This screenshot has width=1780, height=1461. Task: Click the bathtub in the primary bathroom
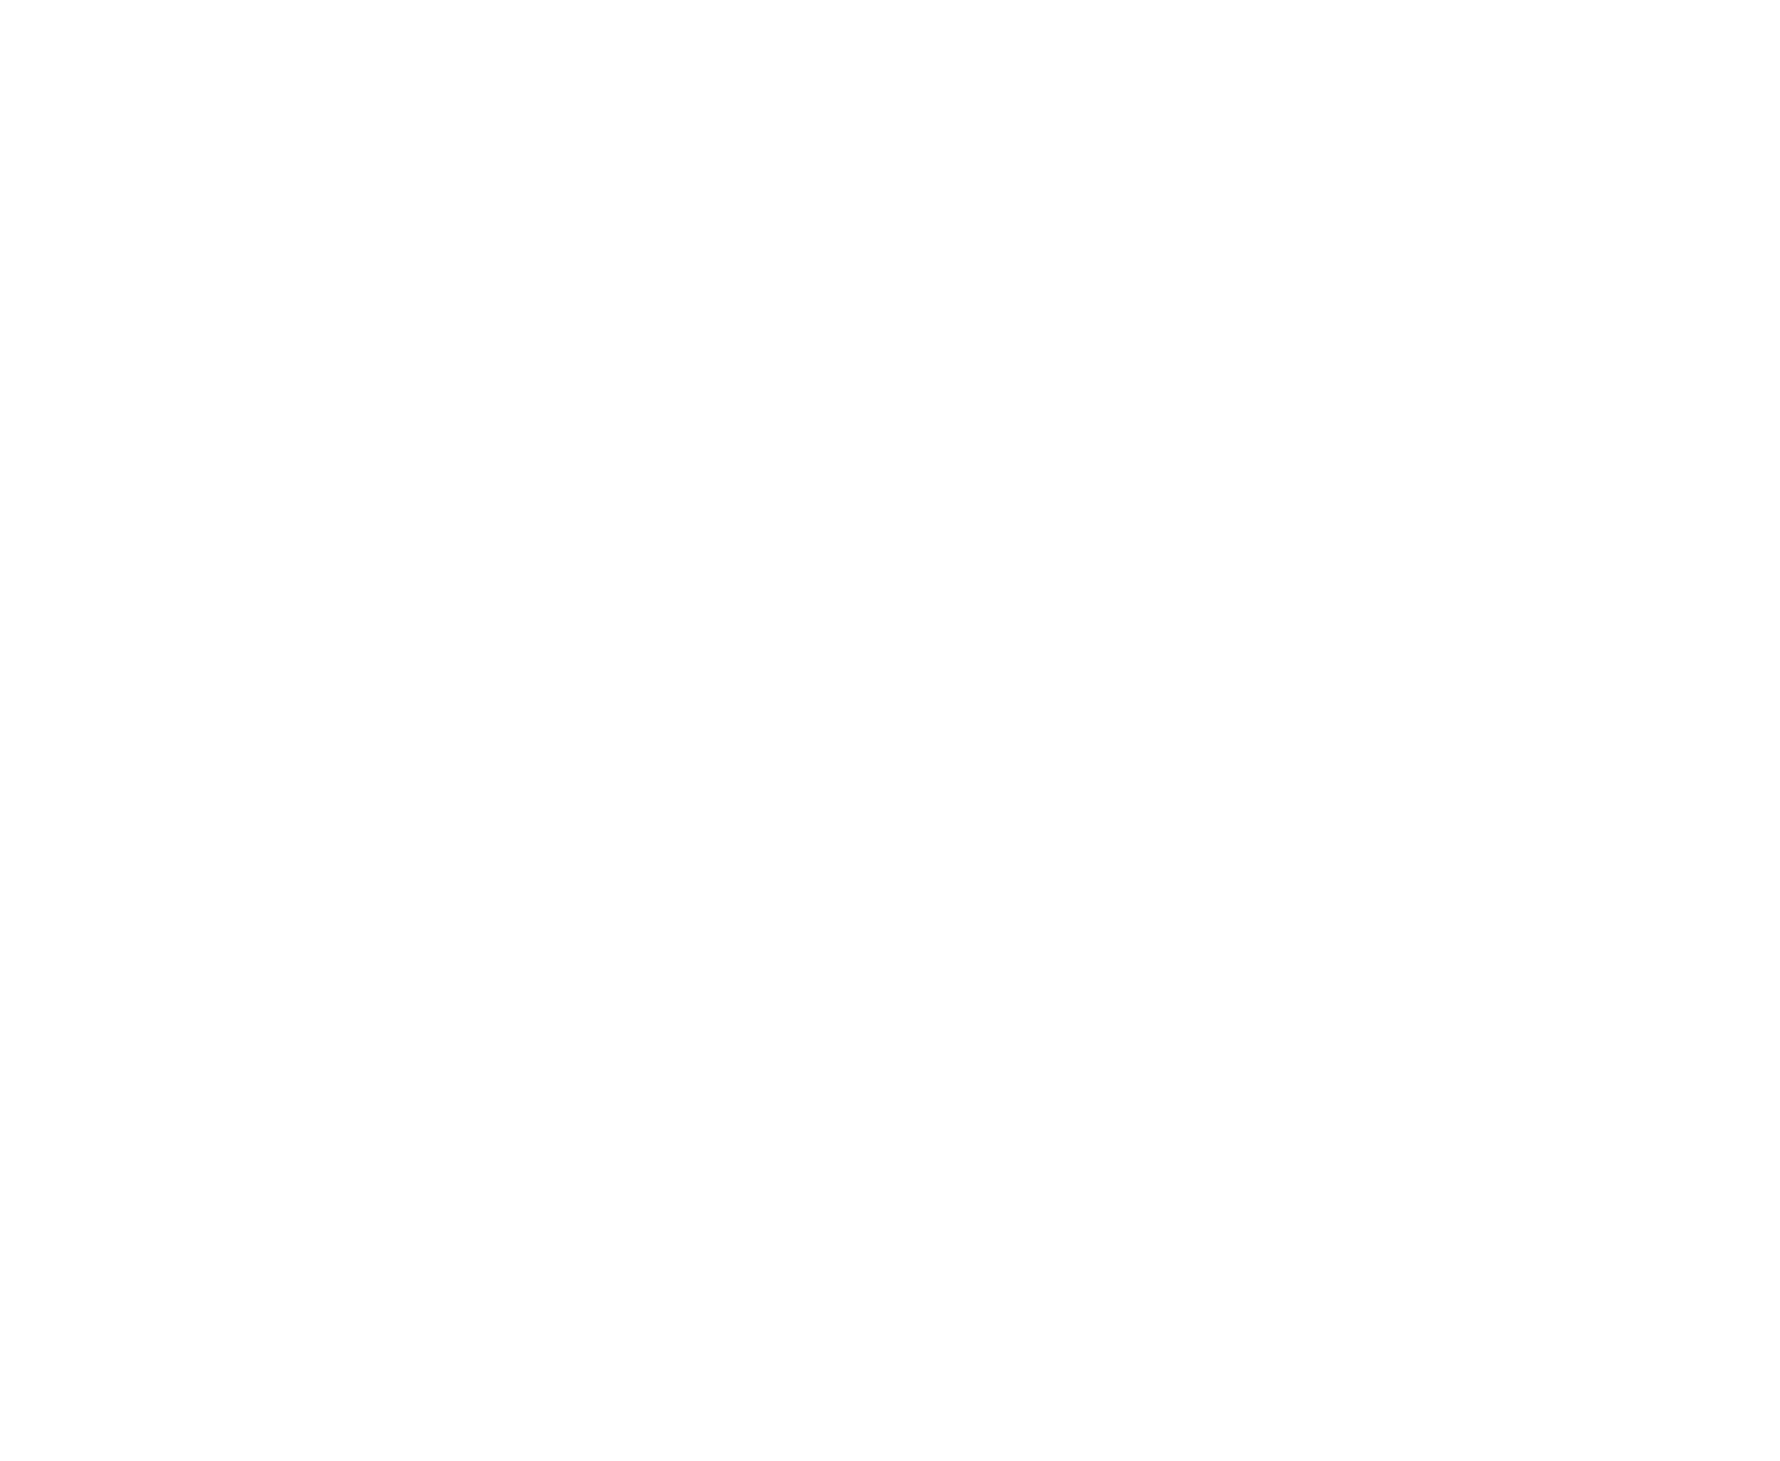pyautogui.click(x=183, y=873)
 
